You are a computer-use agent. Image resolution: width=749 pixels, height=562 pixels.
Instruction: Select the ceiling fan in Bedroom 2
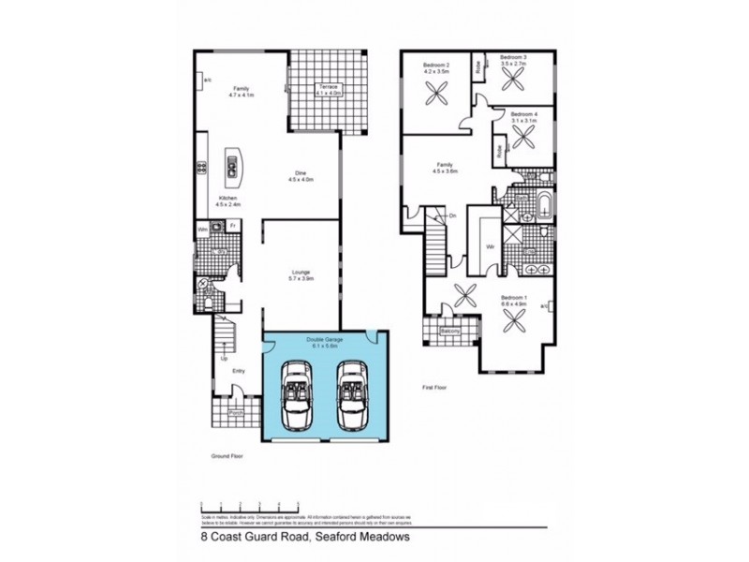click(437, 96)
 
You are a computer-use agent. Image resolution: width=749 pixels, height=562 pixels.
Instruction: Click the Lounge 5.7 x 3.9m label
click(301, 275)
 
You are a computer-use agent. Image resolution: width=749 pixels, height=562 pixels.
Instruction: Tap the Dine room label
click(301, 175)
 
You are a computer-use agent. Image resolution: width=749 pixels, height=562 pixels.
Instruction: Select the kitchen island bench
click(230, 167)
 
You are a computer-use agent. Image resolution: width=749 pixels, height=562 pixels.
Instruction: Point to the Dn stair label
click(451, 216)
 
